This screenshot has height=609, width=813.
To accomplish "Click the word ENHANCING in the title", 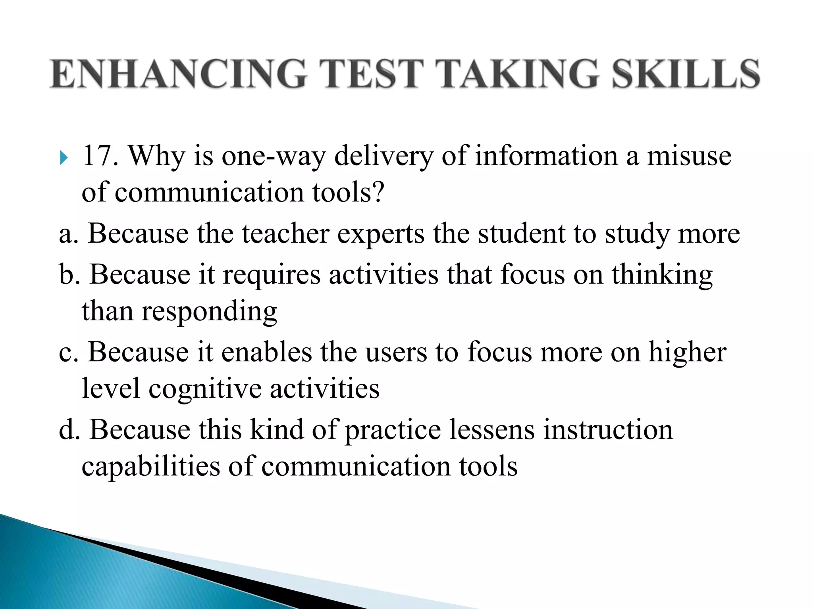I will [179, 73].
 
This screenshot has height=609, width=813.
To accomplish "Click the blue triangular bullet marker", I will [64, 158].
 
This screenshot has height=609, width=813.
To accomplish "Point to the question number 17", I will [100, 155].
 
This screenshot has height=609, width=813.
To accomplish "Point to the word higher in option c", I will [687, 352].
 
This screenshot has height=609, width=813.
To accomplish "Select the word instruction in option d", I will [608, 430].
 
